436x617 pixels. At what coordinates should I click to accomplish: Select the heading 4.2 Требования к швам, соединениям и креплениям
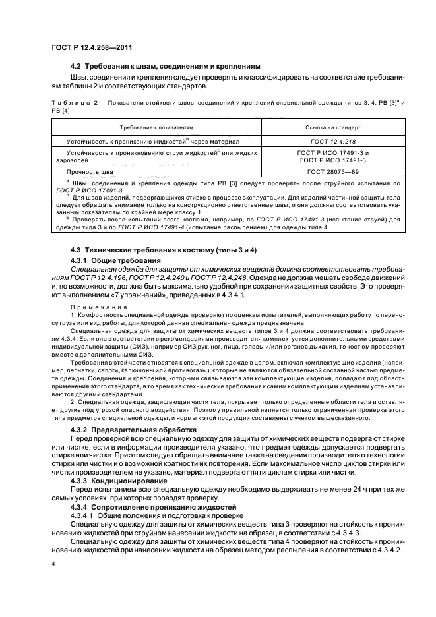coord(166,66)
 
